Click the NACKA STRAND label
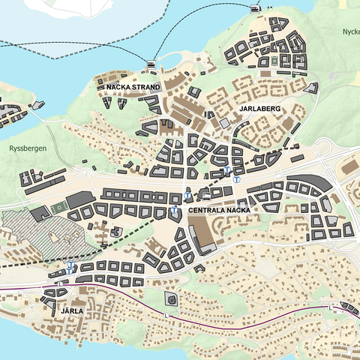click(133, 87)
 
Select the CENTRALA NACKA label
click(219, 211)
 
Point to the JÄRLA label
click(72, 309)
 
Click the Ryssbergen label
click(28, 148)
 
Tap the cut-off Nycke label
click(350, 32)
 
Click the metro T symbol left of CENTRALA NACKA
click(174, 211)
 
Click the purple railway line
click(225, 323)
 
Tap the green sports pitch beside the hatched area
click(57, 208)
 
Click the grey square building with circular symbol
click(172, 301)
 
